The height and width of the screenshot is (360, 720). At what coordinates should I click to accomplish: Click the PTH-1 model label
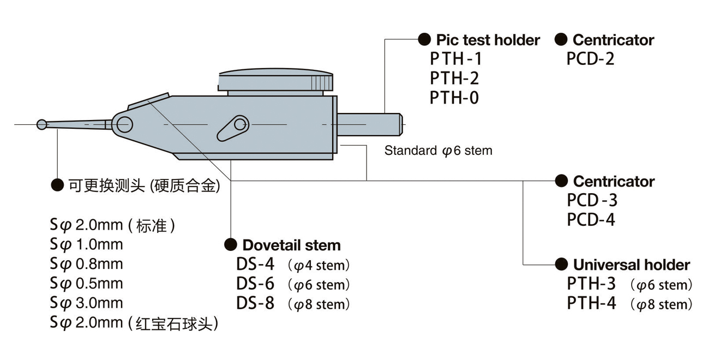(x=456, y=58)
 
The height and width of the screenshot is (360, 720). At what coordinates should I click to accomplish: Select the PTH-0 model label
(x=454, y=98)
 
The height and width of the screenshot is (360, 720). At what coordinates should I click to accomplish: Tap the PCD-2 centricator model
(x=590, y=58)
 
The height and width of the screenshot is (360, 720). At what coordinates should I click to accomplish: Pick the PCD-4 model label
(x=591, y=220)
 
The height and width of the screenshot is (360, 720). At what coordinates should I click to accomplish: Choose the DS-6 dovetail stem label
(x=255, y=284)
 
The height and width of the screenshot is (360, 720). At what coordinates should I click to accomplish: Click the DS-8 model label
(x=255, y=303)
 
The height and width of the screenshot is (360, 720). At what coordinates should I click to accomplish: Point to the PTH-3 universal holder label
(x=591, y=284)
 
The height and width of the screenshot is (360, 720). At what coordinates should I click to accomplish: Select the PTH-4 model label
(x=591, y=304)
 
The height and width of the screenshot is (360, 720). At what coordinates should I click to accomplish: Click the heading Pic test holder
(x=488, y=40)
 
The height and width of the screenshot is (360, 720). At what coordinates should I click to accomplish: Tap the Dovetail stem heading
(x=291, y=245)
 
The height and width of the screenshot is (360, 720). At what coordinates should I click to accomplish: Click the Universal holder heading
(x=631, y=265)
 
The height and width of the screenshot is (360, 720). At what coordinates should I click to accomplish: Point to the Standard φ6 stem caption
(x=438, y=151)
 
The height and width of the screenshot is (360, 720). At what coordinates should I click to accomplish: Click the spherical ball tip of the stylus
(x=42, y=125)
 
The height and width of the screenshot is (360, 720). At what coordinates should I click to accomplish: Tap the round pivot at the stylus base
(x=124, y=123)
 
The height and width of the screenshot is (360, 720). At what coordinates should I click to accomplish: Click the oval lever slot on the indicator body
(x=232, y=127)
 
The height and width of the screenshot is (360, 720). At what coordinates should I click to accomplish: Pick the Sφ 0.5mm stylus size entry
(x=87, y=284)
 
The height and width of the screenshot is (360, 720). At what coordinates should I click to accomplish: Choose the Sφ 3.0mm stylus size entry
(x=87, y=303)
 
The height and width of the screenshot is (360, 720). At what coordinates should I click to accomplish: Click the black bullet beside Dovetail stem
(x=231, y=244)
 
